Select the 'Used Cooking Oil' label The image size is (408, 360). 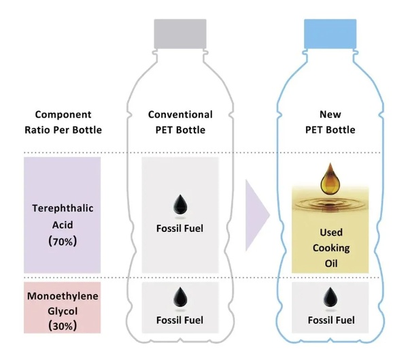330,248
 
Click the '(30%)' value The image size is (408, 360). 63,326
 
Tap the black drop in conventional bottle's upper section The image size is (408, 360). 180,202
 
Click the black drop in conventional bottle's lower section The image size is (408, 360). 180,295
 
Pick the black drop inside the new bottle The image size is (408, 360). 330,295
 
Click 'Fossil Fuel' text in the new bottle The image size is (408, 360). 330,320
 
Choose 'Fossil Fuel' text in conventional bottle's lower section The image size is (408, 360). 180,320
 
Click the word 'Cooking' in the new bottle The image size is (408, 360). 330,248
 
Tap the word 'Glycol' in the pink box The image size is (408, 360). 63,310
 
